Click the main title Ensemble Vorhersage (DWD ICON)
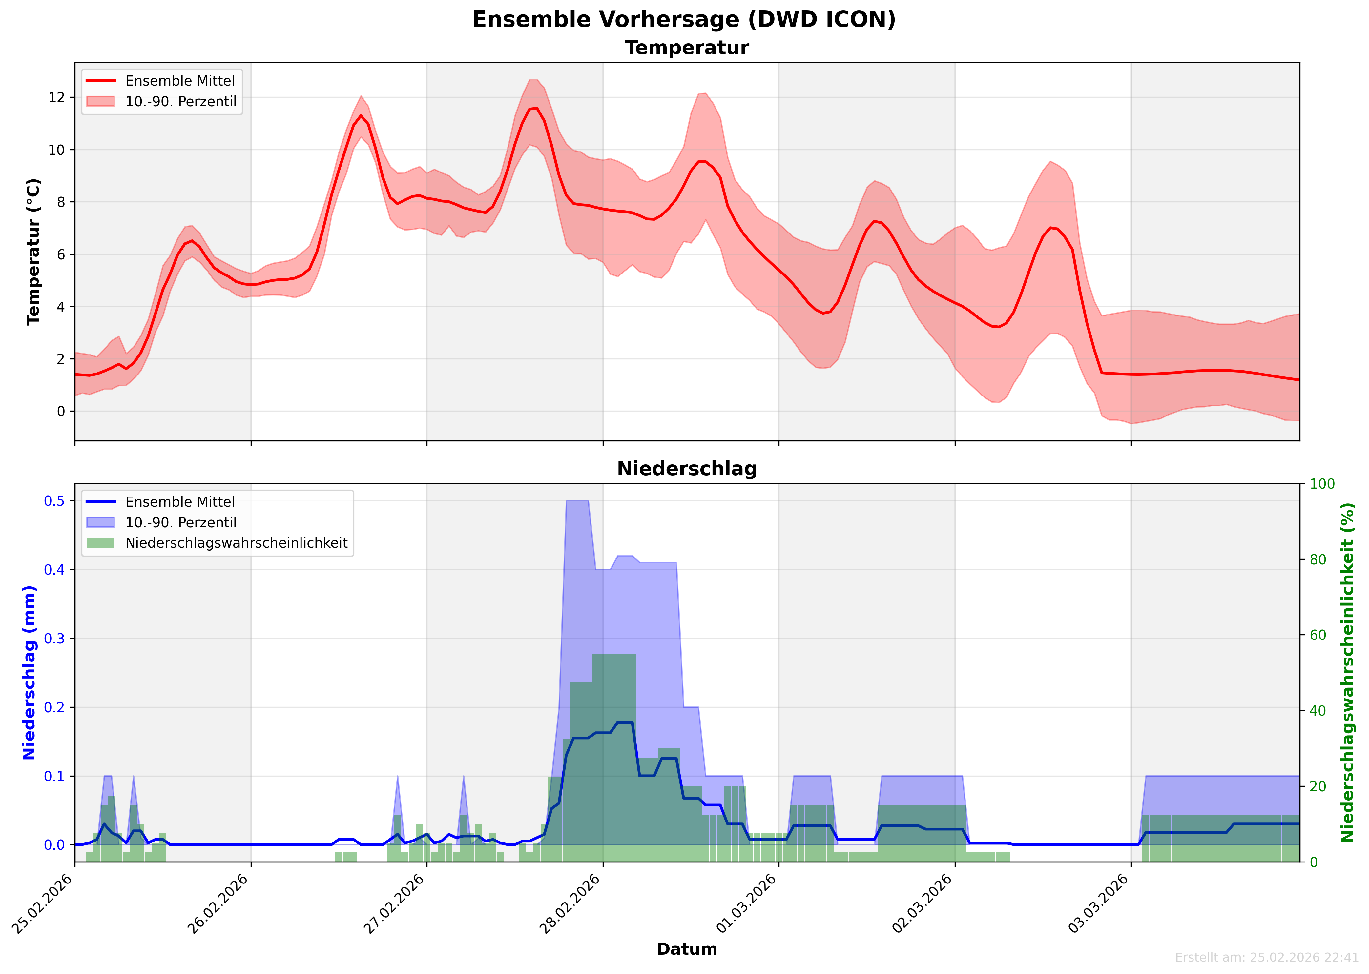pos(684,19)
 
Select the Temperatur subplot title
pos(687,48)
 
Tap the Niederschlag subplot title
pos(687,469)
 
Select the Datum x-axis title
pos(687,949)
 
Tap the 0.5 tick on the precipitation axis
pos(54,501)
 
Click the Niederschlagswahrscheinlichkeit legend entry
pos(236,543)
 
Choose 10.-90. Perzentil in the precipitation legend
pos(180,522)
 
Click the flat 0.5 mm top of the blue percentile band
pos(577,501)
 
